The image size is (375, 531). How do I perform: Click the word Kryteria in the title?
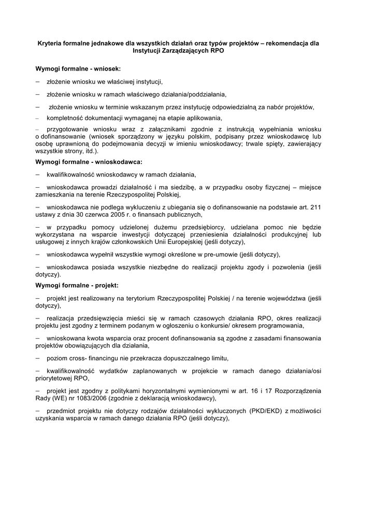(51, 44)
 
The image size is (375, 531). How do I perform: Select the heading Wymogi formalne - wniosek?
(78, 68)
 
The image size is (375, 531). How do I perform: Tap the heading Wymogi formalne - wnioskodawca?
(89, 162)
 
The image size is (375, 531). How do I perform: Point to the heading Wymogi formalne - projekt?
(77, 285)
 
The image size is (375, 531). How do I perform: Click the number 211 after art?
(315, 207)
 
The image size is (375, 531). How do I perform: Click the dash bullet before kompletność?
(37, 118)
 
